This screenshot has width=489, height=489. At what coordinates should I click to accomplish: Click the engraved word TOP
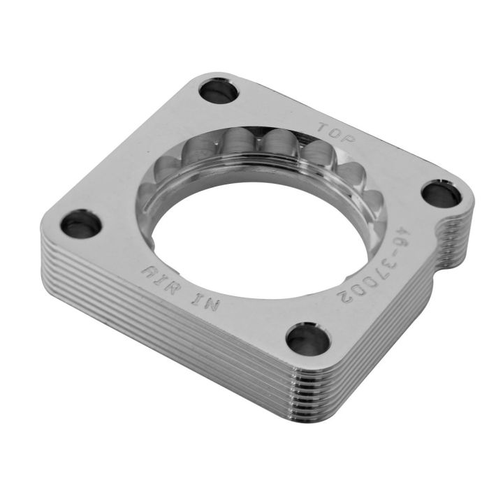(337, 134)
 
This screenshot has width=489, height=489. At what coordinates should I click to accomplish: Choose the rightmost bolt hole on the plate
(439, 194)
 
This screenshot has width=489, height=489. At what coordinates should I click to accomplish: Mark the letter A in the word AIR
(148, 269)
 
